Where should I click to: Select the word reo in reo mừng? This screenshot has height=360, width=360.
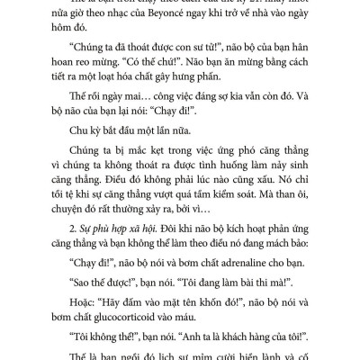tap(100, 79)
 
